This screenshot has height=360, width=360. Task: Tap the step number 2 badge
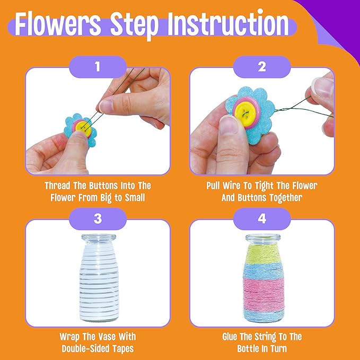262,67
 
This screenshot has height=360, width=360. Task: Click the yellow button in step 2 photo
244,109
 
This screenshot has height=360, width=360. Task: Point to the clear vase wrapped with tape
98,278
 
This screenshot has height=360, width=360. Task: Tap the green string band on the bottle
262,253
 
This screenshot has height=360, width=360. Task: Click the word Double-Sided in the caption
84,348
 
